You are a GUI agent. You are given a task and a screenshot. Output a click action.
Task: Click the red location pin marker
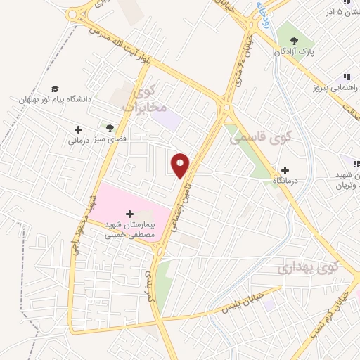181,165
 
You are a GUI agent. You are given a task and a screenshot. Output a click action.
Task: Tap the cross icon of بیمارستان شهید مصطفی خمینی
129,213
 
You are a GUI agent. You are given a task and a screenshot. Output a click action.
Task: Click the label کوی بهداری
307,268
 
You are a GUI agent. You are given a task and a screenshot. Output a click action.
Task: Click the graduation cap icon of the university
55,89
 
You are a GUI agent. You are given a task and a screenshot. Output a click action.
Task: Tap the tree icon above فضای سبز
109,128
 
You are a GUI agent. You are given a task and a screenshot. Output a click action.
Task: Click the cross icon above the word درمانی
79,129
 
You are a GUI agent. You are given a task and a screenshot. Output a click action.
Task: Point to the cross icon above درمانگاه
285,169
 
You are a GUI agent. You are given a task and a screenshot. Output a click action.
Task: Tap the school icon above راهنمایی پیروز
346,77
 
